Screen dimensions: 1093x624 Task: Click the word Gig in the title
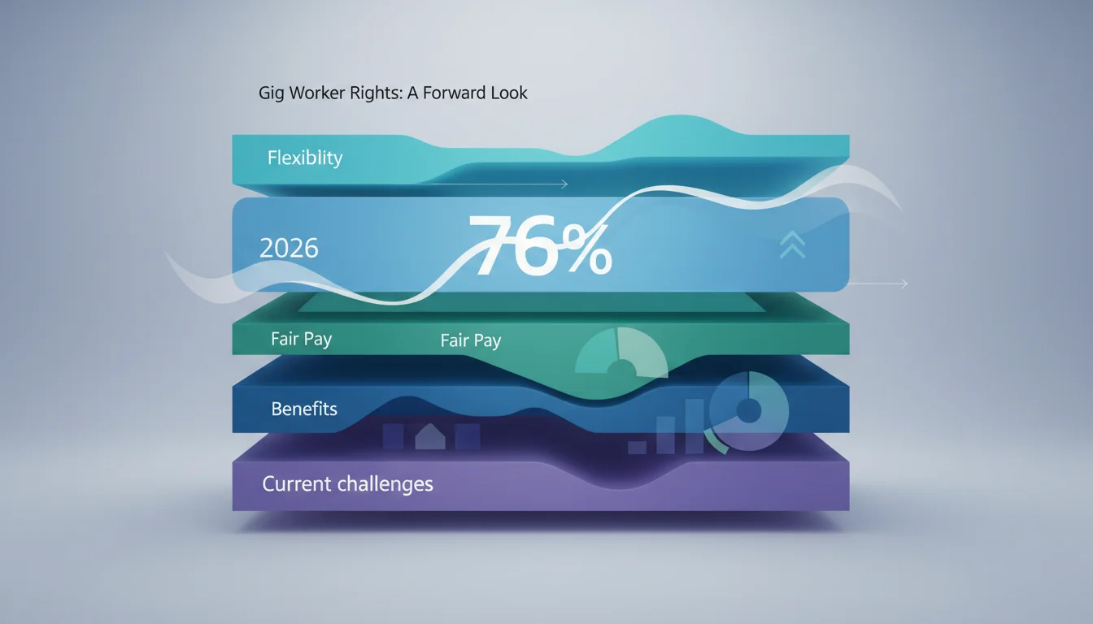(271, 93)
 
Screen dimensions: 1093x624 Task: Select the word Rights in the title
(377, 93)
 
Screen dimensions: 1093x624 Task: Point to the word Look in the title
(508, 93)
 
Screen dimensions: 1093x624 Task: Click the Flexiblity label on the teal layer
(305, 158)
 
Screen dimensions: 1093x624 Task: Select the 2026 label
(289, 248)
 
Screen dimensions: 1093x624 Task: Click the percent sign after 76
(586, 249)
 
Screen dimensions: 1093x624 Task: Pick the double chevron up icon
(792, 245)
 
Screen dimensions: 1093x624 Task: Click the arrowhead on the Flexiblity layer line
(564, 184)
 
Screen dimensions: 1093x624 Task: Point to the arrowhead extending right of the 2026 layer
(904, 284)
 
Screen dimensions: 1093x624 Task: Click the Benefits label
(304, 409)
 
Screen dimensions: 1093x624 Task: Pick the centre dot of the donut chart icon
(749, 410)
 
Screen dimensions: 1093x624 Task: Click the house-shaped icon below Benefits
(430, 436)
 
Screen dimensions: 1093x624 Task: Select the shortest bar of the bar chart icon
(638, 447)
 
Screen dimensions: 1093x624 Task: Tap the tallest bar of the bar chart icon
(695, 426)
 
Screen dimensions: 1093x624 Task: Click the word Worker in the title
(316, 93)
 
